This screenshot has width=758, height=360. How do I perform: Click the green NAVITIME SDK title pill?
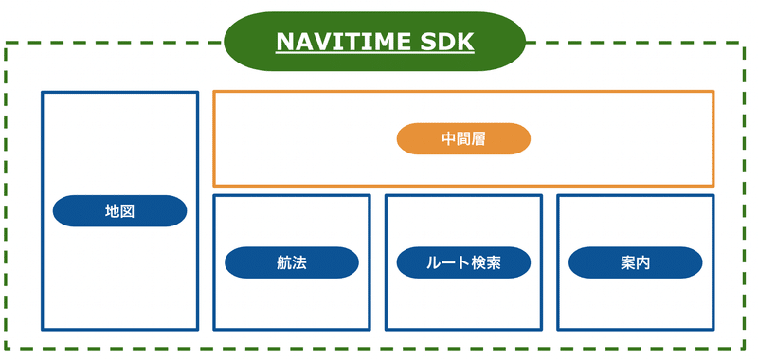pyautogui.click(x=374, y=43)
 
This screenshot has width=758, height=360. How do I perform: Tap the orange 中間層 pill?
pyautogui.click(x=463, y=138)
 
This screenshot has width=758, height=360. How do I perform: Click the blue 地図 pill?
pyautogui.click(x=119, y=210)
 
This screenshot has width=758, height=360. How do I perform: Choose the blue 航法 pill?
pyautogui.click(x=291, y=261)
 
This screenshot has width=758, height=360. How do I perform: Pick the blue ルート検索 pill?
pyautogui.click(x=463, y=261)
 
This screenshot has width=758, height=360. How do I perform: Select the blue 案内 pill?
pyautogui.click(x=635, y=261)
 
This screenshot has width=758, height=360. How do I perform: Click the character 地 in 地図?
pyautogui.click(x=112, y=210)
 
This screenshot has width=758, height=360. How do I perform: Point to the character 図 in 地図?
pyautogui.click(x=127, y=210)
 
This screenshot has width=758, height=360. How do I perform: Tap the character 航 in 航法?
pyautogui.click(x=283, y=261)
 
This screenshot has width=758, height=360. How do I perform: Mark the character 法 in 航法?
pyautogui.click(x=298, y=261)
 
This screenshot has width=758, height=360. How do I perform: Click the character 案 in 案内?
pyautogui.click(x=627, y=261)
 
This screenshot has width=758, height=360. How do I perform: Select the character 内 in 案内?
pyautogui.click(x=642, y=261)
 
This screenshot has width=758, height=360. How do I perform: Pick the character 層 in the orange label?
pyautogui.click(x=478, y=138)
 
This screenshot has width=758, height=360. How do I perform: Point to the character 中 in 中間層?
pyautogui.click(x=448, y=138)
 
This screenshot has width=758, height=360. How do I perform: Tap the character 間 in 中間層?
pyautogui.click(x=463, y=138)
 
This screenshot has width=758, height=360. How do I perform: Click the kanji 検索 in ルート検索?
pyautogui.click(x=485, y=261)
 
